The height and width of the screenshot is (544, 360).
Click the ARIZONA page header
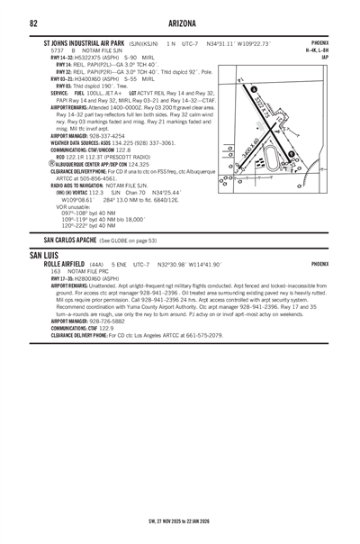coord(180,22)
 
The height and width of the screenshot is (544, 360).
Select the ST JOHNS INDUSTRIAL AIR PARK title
coord(91,42)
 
